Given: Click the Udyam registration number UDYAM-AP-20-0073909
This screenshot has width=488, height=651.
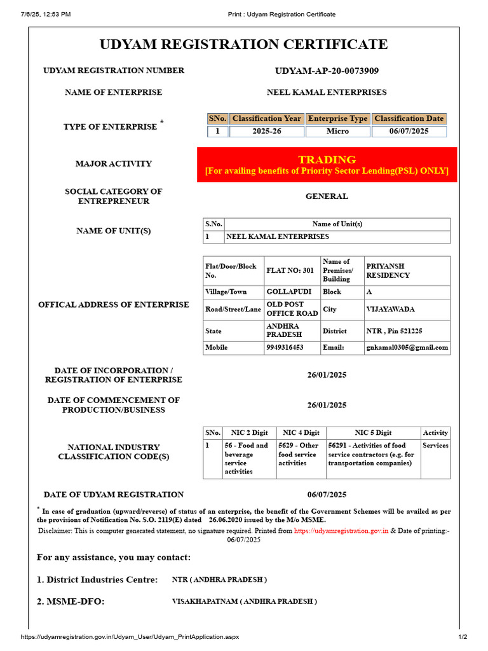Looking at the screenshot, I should point(327,71).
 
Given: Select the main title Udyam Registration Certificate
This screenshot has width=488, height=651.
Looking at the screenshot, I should point(244,44).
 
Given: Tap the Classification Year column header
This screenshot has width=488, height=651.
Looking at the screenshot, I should point(266,119).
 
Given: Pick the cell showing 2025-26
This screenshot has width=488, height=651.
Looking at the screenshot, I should point(266,132).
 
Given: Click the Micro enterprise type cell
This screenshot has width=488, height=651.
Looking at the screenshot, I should point(337,132).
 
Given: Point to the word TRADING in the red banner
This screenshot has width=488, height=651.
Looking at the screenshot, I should point(327,159).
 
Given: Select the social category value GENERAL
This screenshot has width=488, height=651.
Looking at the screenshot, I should point(327,196).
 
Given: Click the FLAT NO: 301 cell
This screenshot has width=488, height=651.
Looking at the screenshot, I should point(290,271).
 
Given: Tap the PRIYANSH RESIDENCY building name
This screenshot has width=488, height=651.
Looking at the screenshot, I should point(388,271).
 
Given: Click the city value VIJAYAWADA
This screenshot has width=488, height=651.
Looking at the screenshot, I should point(390,310).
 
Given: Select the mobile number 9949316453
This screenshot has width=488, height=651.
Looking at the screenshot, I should point(285,348).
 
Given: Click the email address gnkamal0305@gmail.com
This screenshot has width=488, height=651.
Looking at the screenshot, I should point(407,348).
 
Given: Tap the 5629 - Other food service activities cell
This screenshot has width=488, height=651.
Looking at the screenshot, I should point(301,454).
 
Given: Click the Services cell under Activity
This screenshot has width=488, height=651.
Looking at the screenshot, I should point(435,446).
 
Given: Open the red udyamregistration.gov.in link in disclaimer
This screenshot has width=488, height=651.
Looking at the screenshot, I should point(341,530).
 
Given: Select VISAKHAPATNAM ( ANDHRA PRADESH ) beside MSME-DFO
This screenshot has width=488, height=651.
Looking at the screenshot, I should point(245,601).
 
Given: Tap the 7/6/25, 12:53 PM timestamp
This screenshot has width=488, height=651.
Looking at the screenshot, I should point(46,14).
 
